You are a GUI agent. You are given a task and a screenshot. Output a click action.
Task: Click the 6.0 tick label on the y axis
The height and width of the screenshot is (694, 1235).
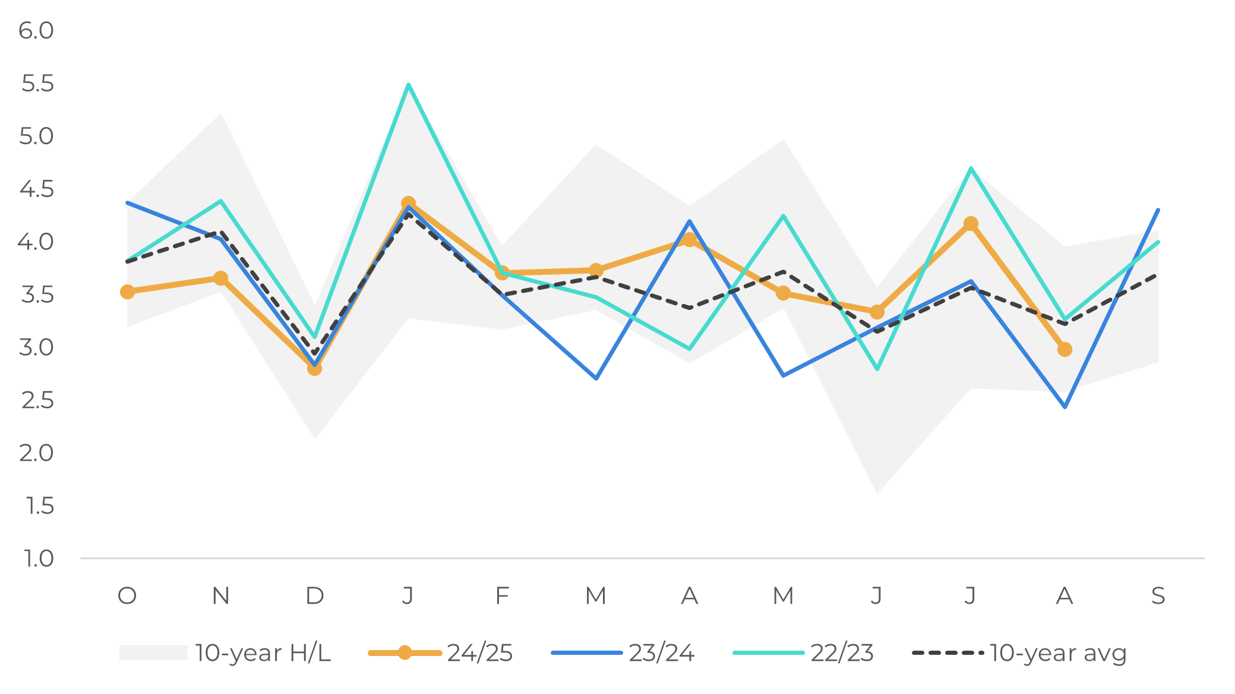pyautogui.click(x=36, y=31)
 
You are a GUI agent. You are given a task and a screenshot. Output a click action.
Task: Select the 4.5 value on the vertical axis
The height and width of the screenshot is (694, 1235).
pyautogui.click(x=36, y=189)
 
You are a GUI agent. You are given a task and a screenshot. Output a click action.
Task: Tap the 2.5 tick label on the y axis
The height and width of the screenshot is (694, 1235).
pyautogui.click(x=37, y=401)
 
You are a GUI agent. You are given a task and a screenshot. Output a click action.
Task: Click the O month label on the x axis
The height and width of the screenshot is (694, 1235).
pyautogui.click(x=127, y=595)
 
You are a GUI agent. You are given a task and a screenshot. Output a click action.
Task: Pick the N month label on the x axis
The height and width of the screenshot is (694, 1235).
pyautogui.click(x=221, y=595)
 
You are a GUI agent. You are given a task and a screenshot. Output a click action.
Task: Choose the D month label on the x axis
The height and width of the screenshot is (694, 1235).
pyautogui.click(x=314, y=595)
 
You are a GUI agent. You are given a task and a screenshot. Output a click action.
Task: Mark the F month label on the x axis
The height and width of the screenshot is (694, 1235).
pyautogui.click(x=502, y=595)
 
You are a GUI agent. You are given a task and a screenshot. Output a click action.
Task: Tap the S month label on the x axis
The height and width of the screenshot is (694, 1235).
pyautogui.click(x=1158, y=595)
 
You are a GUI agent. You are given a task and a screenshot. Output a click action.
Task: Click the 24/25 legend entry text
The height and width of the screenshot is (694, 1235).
pyautogui.click(x=480, y=653)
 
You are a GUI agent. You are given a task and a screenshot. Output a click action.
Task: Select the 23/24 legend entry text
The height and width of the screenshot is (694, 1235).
pyautogui.click(x=662, y=653)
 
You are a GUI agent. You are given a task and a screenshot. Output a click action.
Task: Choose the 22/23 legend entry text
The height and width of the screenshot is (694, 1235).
pyautogui.click(x=842, y=653)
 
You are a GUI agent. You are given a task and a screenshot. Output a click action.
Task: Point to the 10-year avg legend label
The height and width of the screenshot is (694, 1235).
pyautogui.click(x=1059, y=653)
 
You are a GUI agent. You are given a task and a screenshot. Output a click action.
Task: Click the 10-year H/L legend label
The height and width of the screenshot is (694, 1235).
pyautogui.click(x=263, y=653)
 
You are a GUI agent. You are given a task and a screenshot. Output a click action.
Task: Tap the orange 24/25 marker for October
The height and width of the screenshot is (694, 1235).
pyautogui.click(x=127, y=291)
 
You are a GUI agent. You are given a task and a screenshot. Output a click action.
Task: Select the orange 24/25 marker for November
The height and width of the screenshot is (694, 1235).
pyautogui.click(x=221, y=278)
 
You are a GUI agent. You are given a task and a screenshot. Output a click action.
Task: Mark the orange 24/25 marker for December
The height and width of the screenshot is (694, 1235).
pyautogui.click(x=314, y=369)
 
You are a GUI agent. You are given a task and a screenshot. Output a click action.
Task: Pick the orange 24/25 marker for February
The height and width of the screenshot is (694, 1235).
pyautogui.click(x=502, y=273)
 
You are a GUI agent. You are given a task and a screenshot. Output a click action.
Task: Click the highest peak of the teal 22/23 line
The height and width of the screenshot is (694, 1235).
pyautogui.click(x=408, y=84)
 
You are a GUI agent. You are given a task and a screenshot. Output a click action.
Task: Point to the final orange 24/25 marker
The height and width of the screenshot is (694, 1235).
pyautogui.click(x=1065, y=349)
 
